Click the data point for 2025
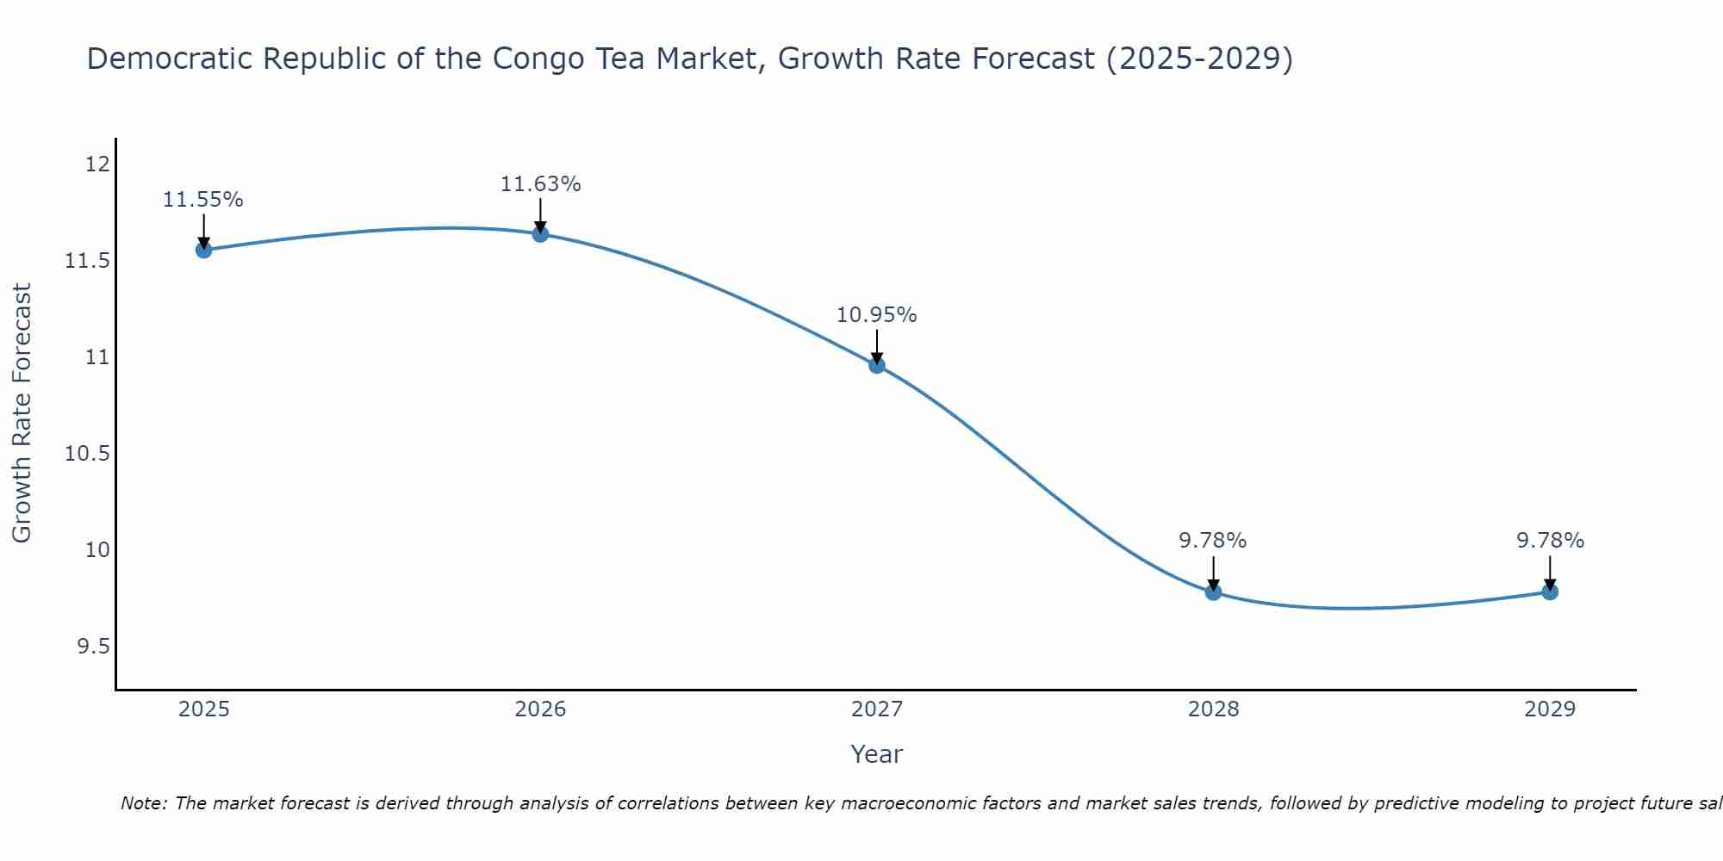[203, 250]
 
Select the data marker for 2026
[540, 234]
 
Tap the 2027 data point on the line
[877, 365]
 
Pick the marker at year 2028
[1213, 592]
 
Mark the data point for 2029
[1550, 592]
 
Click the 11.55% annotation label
[203, 200]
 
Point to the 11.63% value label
[540, 184]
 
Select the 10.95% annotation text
[877, 315]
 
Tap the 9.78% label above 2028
[1213, 541]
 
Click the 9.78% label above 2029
[1550, 541]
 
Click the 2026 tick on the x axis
[540, 709]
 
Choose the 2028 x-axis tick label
[1213, 709]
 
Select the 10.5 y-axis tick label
[88, 453]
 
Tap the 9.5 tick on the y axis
[94, 646]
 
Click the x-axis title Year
[876, 754]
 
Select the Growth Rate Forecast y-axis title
[22, 413]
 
